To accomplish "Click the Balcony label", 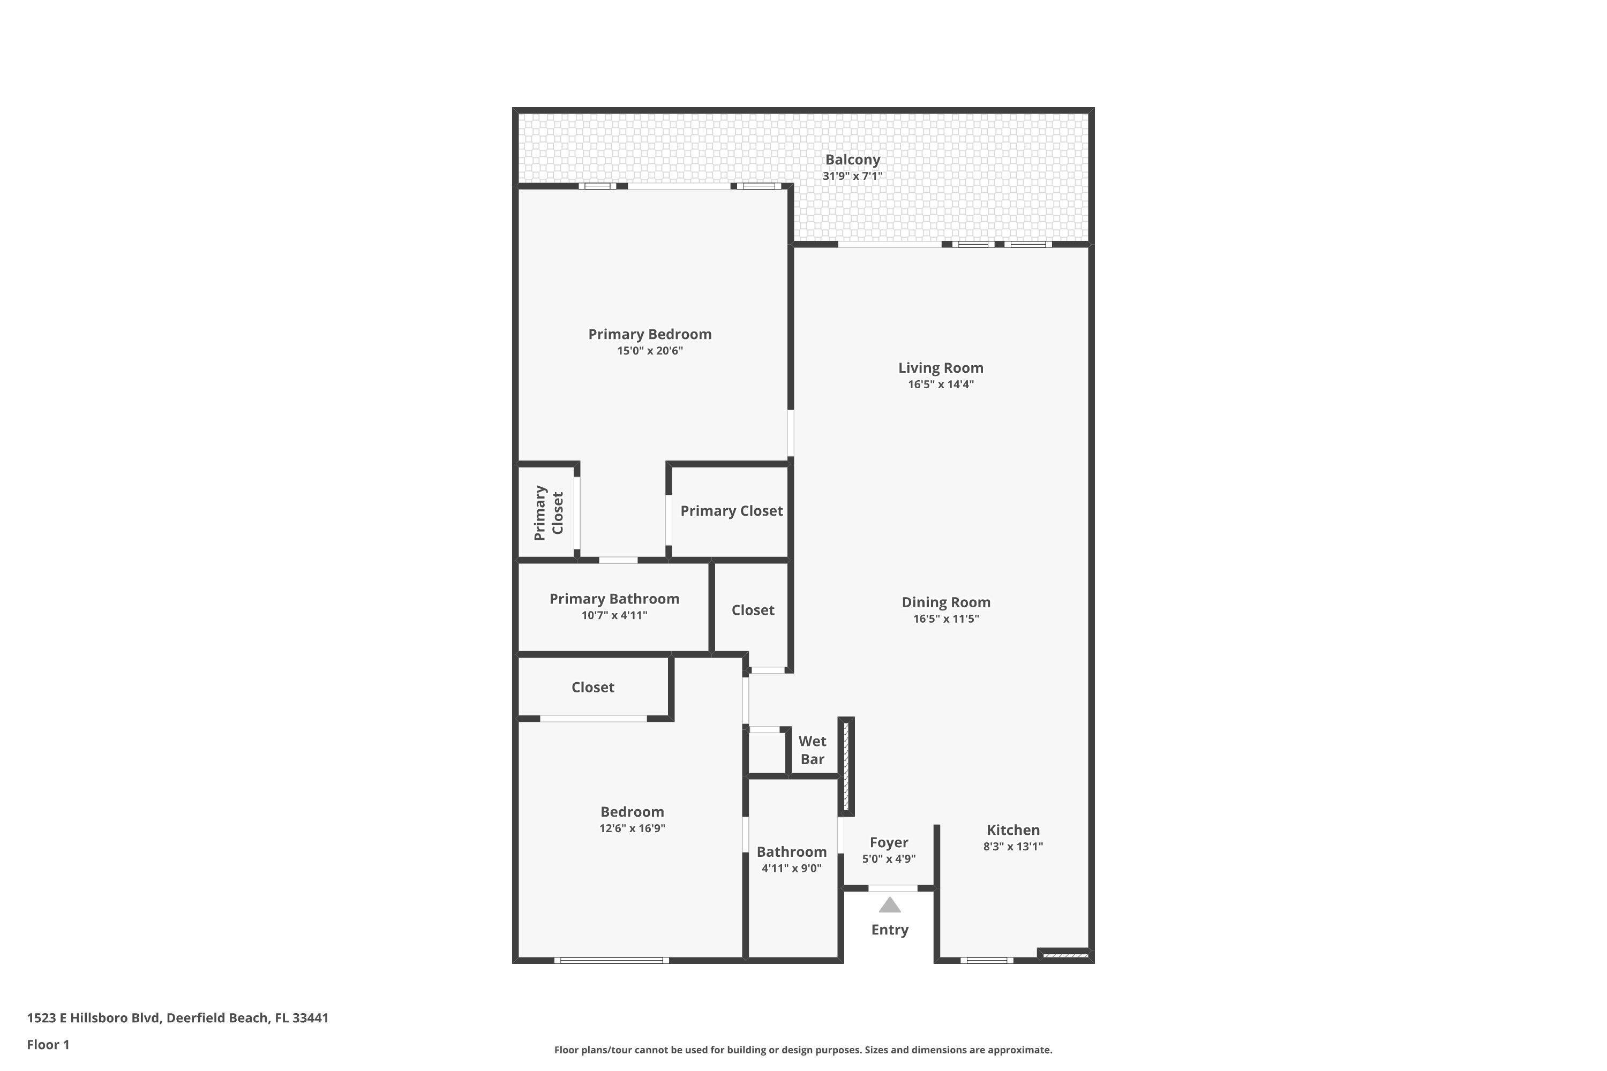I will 852,160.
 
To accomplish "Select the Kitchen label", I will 1012,830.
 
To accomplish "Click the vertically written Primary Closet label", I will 549,512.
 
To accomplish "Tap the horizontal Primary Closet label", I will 731,511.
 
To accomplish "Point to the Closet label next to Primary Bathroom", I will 752,610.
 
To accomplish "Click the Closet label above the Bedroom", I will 592,687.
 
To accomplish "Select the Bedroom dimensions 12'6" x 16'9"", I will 632,828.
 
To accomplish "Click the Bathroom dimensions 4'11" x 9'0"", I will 791,869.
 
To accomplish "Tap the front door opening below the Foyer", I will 892,888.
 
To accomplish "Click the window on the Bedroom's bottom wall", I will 612,960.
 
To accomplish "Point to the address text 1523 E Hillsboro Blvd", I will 178,1018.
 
